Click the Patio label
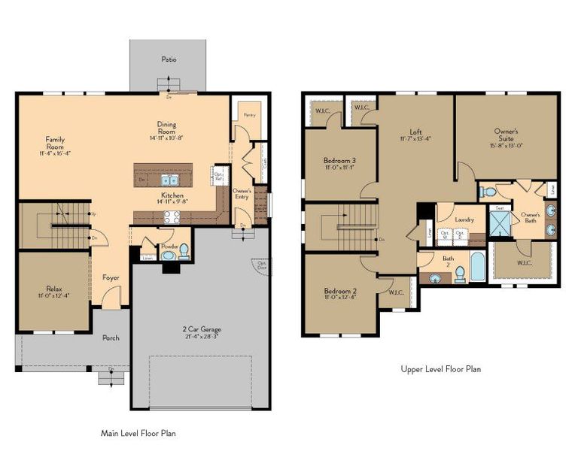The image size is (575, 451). click(169, 59)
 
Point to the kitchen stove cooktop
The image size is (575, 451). click(171, 217)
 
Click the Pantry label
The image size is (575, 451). click(247, 114)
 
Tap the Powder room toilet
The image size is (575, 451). click(168, 255)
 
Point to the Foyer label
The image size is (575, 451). click(111, 278)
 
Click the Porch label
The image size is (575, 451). click(111, 337)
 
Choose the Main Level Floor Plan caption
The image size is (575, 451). click(138, 433)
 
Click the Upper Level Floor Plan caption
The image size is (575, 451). click(440, 369)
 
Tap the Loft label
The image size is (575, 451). click(415, 131)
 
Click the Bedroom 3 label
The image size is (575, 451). click(339, 160)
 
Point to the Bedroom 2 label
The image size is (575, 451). click(339, 291)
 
